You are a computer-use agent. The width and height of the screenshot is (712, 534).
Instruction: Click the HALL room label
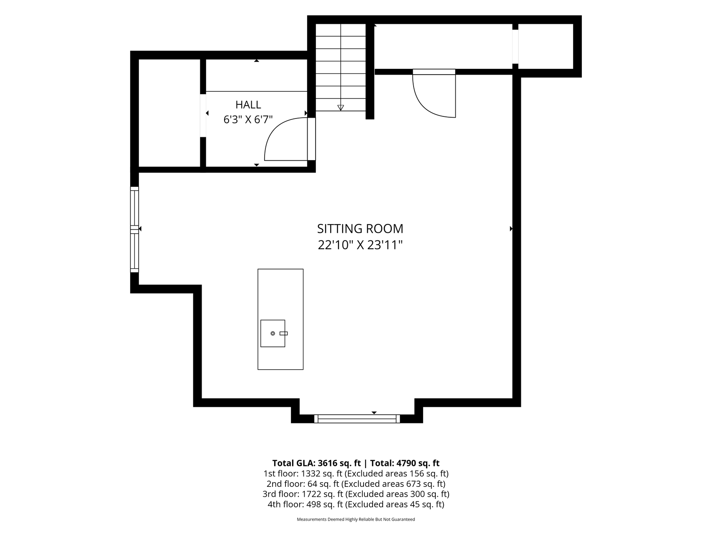[x=248, y=105]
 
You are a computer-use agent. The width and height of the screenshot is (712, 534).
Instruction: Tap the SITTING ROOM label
[x=360, y=229]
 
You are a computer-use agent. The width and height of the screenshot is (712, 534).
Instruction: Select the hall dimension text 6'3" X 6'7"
[x=248, y=120]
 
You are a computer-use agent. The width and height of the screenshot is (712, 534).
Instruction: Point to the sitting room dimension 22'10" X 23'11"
[x=360, y=245]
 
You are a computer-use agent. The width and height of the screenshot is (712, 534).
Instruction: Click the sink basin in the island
[x=273, y=333]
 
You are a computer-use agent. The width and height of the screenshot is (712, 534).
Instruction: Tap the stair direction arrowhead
[x=341, y=108]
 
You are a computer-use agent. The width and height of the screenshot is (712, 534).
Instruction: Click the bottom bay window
[x=357, y=419]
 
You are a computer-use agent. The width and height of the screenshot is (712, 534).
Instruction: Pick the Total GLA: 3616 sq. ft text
[x=316, y=463]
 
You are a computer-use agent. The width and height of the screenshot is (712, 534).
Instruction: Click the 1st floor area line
[x=356, y=474]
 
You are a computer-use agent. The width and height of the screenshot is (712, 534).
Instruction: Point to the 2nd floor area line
[x=356, y=484]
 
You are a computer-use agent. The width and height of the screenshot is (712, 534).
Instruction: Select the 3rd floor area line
[x=356, y=494]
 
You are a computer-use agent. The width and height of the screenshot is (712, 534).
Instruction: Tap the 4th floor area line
[x=356, y=504]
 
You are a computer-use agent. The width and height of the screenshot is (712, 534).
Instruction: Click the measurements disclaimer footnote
[x=356, y=519]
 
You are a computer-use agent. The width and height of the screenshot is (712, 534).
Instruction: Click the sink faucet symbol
[x=284, y=333]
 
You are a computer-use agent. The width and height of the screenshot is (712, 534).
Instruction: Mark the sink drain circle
[x=273, y=333]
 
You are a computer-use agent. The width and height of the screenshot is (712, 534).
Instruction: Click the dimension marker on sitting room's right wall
[x=511, y=229]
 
